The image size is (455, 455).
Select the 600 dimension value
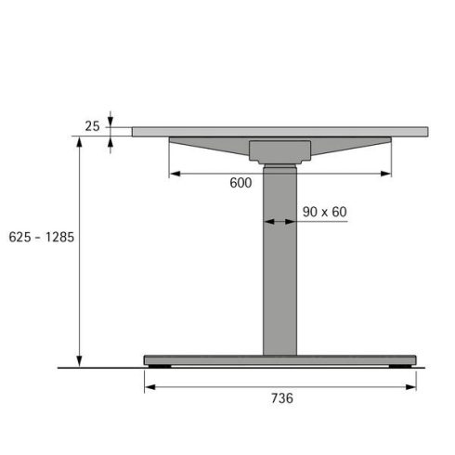240,183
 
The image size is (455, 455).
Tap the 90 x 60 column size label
324,212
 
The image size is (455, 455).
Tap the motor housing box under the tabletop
279,151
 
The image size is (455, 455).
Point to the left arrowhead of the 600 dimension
174,172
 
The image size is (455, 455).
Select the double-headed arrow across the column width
279,222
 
